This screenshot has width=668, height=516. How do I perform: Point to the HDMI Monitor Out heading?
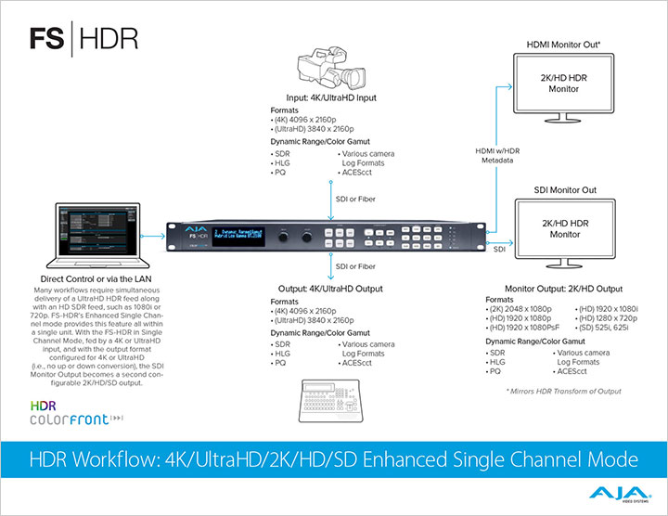click(565, 44)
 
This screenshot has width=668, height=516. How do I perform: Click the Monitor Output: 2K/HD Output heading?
click(563, 289)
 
